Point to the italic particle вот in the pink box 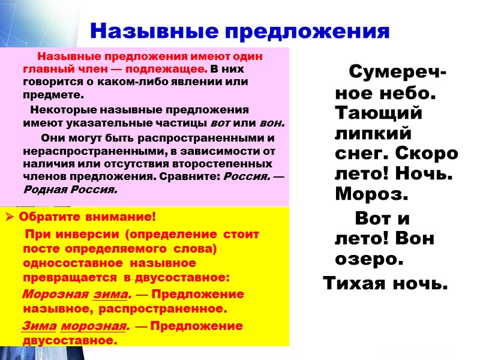point(221,124)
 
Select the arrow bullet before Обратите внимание point(10,217)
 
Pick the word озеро point(367,260)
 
